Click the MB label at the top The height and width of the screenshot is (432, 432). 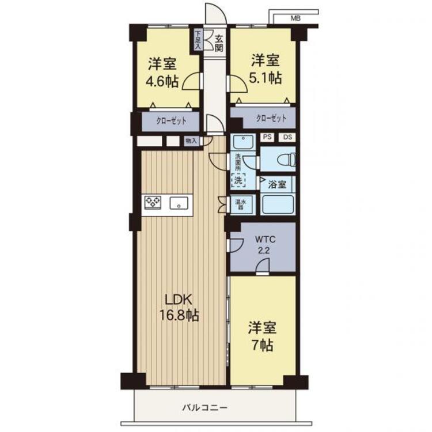(x=295, y=19)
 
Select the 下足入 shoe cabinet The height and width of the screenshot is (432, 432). (x=198, y=40)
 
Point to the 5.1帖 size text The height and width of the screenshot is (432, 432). (x=266, y=78)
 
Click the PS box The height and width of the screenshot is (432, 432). (x=267, y=137)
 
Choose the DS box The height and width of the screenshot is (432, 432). (x=287, y=137)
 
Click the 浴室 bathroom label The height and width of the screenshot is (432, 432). (x=277, y=184)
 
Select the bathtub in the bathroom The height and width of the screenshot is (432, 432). (x=278, y=204)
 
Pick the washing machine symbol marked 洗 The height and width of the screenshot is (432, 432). (x=238, y=180)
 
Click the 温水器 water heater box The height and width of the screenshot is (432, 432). (x=241, y=204)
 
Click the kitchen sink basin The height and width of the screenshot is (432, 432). (x=179, y=203)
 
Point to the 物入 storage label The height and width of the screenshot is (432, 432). (x=191, y=141)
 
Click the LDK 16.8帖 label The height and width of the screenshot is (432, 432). (x=179, y=308)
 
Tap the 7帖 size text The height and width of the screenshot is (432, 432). (x=262, y=344)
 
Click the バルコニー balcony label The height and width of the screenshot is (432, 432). (x=205, y=407)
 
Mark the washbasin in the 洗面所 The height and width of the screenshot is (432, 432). (x=243, y=142)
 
